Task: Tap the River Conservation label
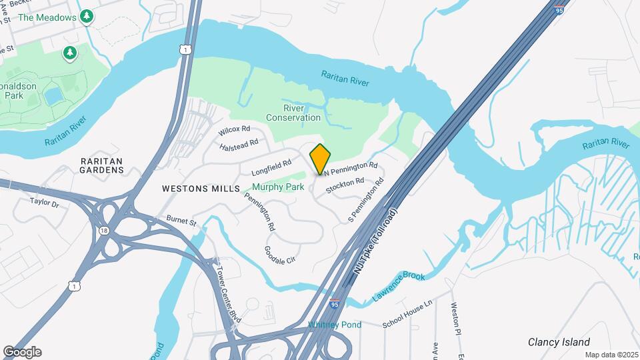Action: (293, 113)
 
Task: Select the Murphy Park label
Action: (278, 187)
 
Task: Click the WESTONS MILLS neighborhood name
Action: (201, 189)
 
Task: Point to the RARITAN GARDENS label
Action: (102, 165)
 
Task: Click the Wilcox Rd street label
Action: (234, 129)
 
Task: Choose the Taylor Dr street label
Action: (45, 203)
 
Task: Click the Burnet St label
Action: (182, 221)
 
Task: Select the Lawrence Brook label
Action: (399, 285)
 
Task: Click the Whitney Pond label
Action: (335, 325)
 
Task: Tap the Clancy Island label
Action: (559, 342)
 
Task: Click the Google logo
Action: (22, 351)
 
